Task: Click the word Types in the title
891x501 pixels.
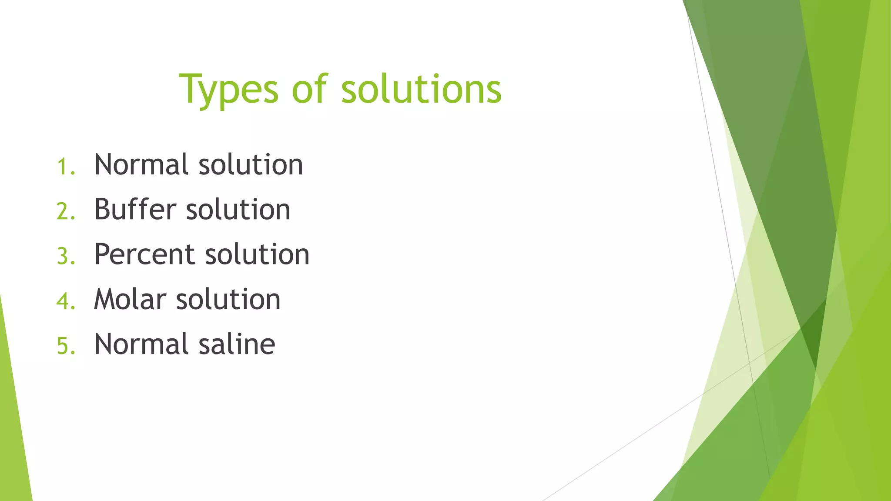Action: [228, 90]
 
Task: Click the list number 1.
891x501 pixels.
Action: [66, 167]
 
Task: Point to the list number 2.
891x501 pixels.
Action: [66, 212]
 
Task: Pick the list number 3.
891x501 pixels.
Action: [66, 257]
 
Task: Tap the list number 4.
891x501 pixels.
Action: [66, 301]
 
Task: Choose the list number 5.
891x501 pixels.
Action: [66, 346]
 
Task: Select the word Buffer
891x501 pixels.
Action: [135, 210]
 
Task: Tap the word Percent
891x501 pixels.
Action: [144, 254]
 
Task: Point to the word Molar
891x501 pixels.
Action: [130, 299]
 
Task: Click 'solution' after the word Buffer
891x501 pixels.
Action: [238, 210]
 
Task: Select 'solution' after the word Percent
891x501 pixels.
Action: [257, 254]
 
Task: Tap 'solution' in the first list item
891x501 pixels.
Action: [251, 165]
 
